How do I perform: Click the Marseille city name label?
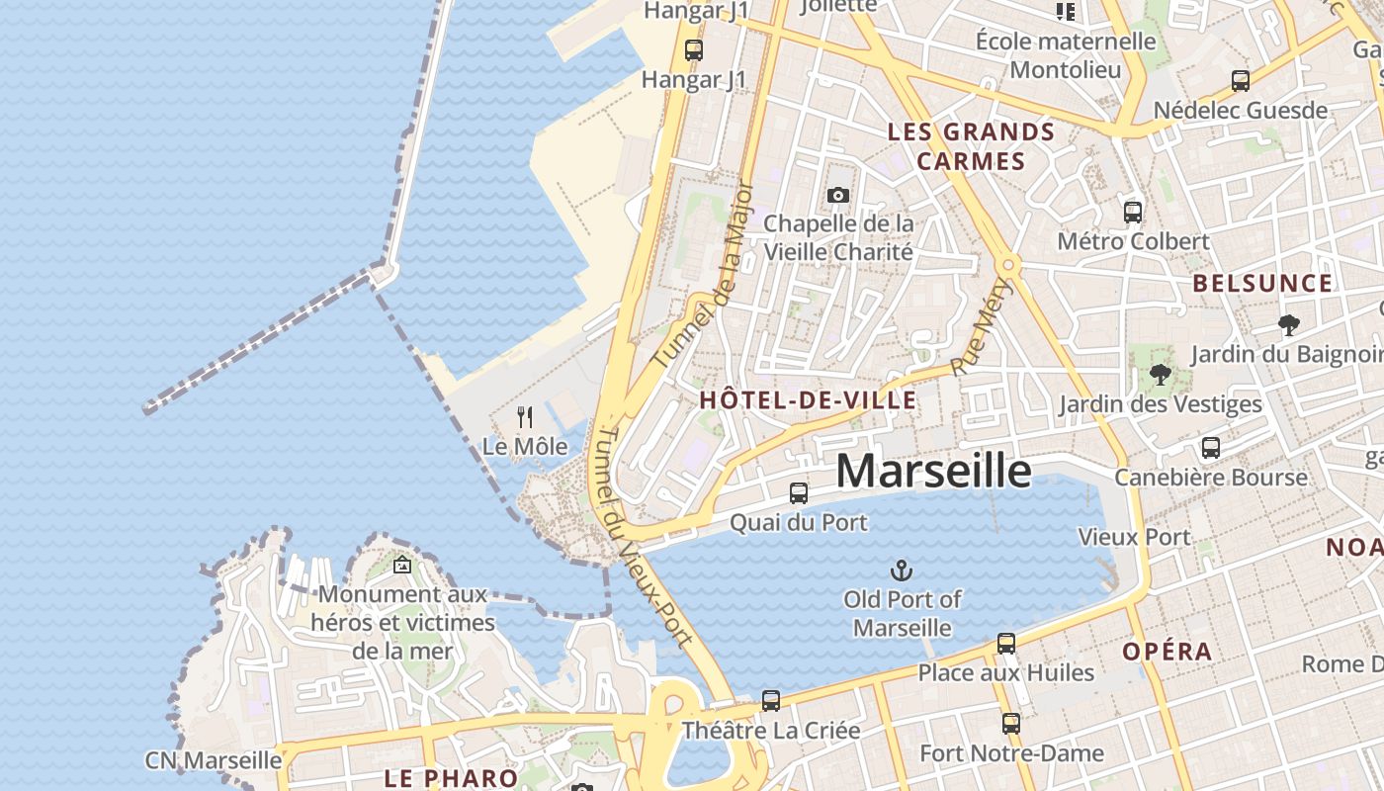(933, 471)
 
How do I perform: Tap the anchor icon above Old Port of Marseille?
(901, 570)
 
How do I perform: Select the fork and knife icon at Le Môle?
(525, 417)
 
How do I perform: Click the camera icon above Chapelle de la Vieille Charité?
(838, 195)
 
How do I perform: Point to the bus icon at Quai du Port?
(798, 492)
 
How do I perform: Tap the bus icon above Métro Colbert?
(1133, 212)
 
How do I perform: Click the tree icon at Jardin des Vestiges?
(1160, 375)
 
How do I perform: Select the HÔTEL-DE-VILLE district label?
(808, 400)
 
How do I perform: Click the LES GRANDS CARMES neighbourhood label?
(971, 146)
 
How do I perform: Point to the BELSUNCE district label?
(1262, 284)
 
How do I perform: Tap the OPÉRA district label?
(1167, 652)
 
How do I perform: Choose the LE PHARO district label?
(451, 778)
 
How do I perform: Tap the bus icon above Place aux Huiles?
(1006, 644)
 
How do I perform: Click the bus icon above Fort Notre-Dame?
(1010, 724)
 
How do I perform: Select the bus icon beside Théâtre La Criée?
(771, 701)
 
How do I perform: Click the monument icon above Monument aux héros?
(401, 566)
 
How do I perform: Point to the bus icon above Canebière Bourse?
(1211, 448)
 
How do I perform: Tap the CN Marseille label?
(214, 760)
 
